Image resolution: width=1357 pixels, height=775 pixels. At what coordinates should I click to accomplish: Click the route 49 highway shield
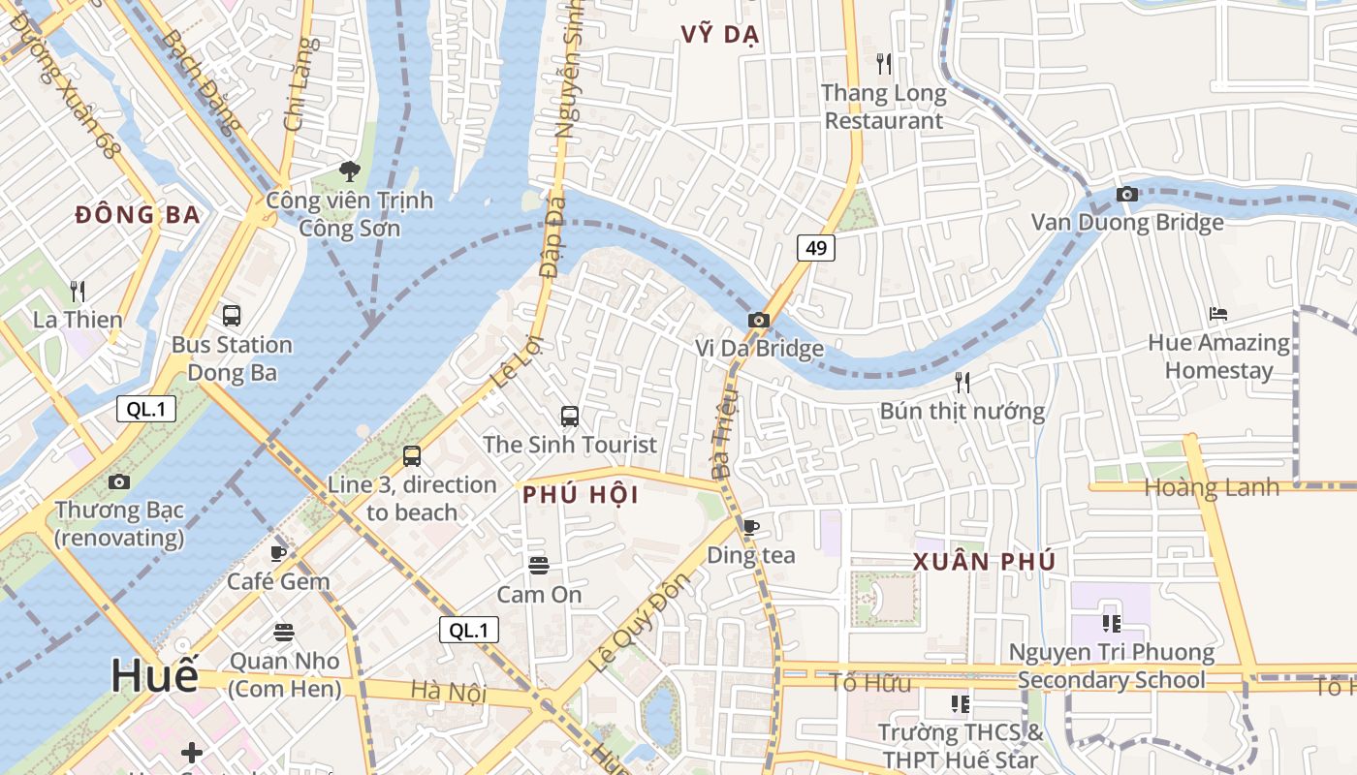(x=816, y=248)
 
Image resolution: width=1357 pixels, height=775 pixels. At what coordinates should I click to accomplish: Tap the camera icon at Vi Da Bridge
(x=758, y=320)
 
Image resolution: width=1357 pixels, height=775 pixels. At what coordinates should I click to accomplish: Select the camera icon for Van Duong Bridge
(x=1126, y=194)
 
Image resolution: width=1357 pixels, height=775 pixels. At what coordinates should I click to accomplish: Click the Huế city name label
(x=154, y=675)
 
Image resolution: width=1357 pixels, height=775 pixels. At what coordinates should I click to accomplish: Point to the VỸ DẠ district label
(x=719, y=35)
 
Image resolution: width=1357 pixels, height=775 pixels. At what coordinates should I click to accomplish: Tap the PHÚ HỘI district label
(x=581, y=495)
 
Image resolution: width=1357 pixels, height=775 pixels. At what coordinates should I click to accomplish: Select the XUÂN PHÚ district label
(x=984, y=562)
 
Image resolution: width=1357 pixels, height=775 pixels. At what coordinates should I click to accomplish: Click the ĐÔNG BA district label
(x=138, y=215)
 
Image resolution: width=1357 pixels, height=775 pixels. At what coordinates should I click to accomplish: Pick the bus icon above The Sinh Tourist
(x=570, y=417)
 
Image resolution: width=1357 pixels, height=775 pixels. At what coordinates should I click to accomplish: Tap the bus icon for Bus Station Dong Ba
(x=232, y=315)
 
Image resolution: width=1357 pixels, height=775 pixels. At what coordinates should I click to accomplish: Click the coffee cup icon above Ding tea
(x=750, y=527)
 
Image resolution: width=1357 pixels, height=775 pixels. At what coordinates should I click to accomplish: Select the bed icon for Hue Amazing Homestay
(x=1218, y=313)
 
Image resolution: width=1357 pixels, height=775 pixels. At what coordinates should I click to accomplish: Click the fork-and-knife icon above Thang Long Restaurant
(x=883, y=64)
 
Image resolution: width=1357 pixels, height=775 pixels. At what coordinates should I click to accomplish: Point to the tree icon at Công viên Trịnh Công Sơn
(x=349, y=171)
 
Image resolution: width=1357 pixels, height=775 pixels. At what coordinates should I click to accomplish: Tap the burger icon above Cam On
(x=539, y=565)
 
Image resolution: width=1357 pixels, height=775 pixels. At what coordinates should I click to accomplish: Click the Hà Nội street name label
(x=448, y=691)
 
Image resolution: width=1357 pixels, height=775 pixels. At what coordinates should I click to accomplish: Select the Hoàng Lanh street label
(x=1212, y=487)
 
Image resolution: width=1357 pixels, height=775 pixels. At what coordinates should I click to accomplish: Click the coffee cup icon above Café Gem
(x=278, y=553)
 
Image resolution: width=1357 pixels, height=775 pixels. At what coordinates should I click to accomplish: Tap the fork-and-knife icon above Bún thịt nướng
(x=962, y=382)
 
